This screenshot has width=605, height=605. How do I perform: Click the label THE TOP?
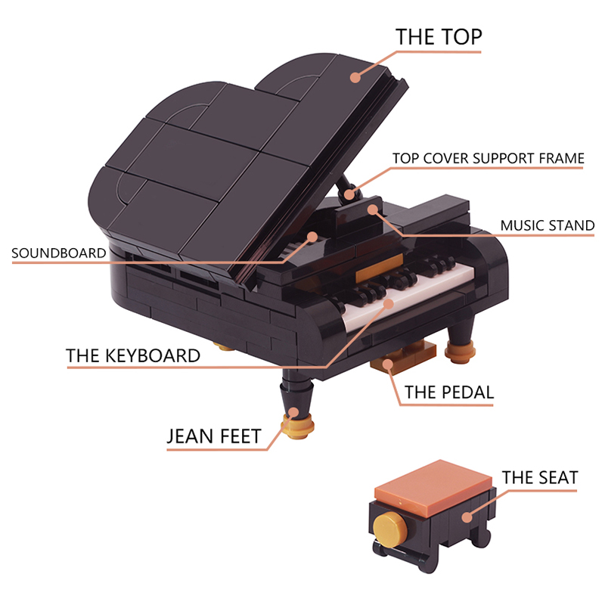439,37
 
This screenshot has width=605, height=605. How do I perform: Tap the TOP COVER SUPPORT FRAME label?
488,158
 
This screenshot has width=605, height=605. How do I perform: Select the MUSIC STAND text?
547,225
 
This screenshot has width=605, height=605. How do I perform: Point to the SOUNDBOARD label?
59,253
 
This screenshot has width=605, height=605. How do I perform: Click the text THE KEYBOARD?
133,355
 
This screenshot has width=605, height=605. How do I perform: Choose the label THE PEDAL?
449,392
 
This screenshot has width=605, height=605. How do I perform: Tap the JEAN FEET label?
214,436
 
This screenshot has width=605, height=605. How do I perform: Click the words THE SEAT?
540,478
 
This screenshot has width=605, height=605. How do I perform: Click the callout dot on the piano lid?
355,77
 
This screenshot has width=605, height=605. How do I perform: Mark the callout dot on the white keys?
389,304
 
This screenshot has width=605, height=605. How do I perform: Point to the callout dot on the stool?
467,517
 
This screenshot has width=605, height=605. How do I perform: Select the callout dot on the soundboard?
312,237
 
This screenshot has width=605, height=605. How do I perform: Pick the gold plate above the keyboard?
380,268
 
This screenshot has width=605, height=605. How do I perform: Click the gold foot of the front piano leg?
297,425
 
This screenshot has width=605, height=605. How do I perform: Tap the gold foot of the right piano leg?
460,351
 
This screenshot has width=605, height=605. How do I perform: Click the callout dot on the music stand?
372,209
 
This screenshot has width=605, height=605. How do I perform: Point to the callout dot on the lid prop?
349,194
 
